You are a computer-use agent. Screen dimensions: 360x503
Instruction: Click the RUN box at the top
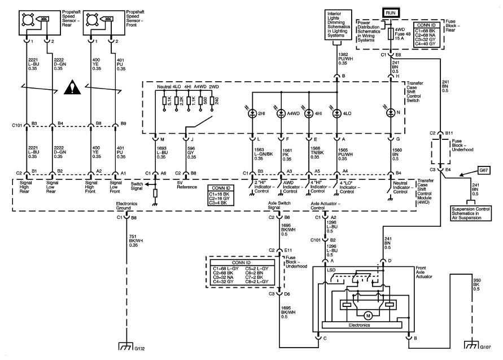pyautogui.click(x=390, y=11)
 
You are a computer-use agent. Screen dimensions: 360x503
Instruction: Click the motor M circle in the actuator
pyautogui.click(x=368, y=315)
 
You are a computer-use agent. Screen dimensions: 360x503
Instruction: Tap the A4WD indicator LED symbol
pyautogui.click(x=281, y=113)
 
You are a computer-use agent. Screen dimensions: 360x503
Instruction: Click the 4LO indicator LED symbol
pyautogui.click(x=336, y=113)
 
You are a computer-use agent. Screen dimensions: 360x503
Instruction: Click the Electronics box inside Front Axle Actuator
pyautogui.click(x=361, y=325)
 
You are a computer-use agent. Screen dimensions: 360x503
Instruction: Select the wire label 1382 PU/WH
pyautogui.click(x=346, y=59)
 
